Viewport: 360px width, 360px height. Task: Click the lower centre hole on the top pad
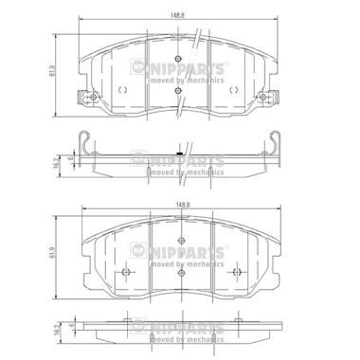pos(180,90)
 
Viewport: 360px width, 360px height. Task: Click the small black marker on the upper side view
pos(179,150)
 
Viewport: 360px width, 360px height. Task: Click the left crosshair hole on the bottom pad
pos(125,272)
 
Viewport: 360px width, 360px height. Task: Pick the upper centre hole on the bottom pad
pos(180,248)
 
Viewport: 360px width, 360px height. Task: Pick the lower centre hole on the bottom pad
pos(180,273)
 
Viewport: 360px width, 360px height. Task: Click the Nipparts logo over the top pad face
pos(180,71)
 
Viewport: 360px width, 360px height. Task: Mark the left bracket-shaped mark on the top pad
pos(124,89)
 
